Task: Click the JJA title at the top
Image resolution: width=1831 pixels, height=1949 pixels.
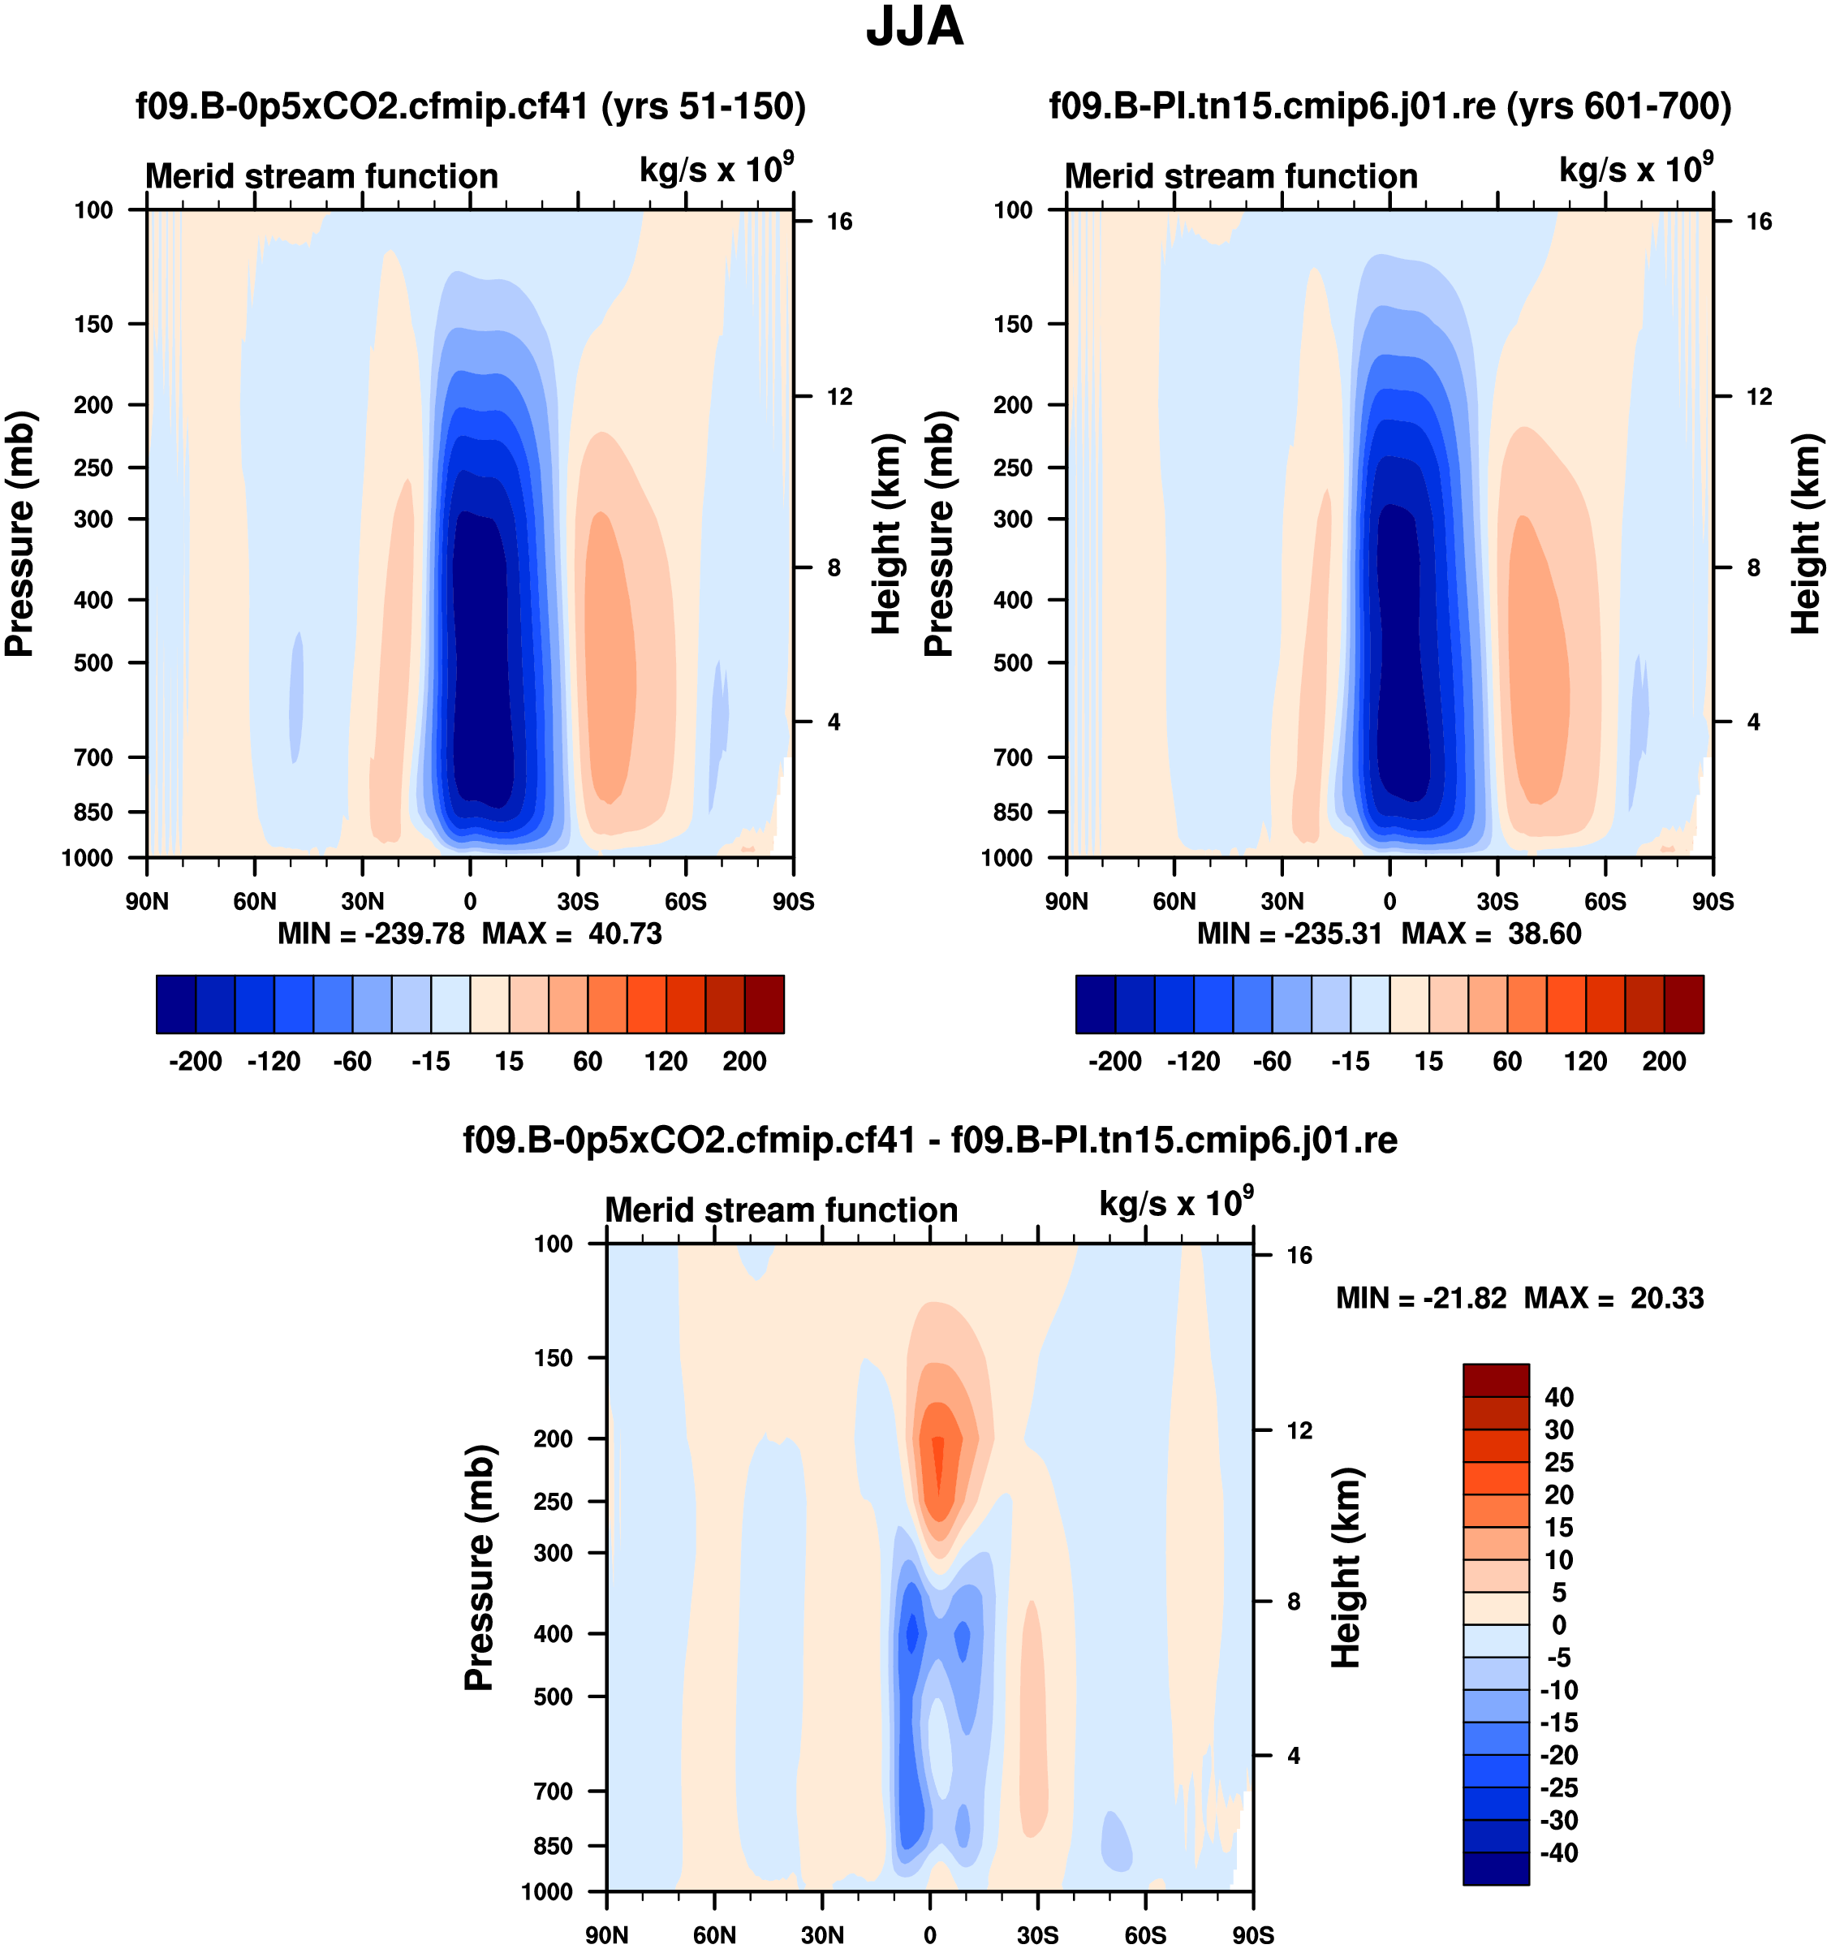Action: pos(915,28)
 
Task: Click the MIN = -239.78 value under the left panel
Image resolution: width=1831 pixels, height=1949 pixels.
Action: pos(371,934)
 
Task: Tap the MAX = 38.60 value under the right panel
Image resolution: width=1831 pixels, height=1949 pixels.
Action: pos(1491,934)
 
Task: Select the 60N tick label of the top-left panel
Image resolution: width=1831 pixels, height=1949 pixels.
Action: pos(255,902)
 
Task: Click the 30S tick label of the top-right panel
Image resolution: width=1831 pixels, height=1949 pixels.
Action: pos(1497,902)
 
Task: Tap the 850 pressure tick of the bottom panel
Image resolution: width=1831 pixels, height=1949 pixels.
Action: pos(553,1846)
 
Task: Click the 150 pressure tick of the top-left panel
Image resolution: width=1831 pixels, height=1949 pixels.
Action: pos(93,324)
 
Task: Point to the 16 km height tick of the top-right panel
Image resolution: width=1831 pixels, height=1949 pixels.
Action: pos(1760,222)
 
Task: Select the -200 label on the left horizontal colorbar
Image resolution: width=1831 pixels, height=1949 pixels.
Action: pos(195,1062)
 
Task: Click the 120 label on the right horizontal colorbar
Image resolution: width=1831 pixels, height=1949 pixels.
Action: pos(1585,1062)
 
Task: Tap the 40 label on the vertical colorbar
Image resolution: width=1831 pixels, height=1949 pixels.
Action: pos(1558,1397)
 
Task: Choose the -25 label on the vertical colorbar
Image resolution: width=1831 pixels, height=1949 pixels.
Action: pos(1558,1787)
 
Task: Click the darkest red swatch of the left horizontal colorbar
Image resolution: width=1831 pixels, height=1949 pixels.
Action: pos(765,1004)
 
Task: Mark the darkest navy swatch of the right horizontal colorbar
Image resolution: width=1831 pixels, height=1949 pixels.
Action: pos(1095,1004)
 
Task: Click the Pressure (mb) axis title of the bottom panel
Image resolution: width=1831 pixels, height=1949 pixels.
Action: pos(478,1567)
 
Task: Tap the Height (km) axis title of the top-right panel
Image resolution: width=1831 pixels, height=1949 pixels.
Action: pos(1806,534)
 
